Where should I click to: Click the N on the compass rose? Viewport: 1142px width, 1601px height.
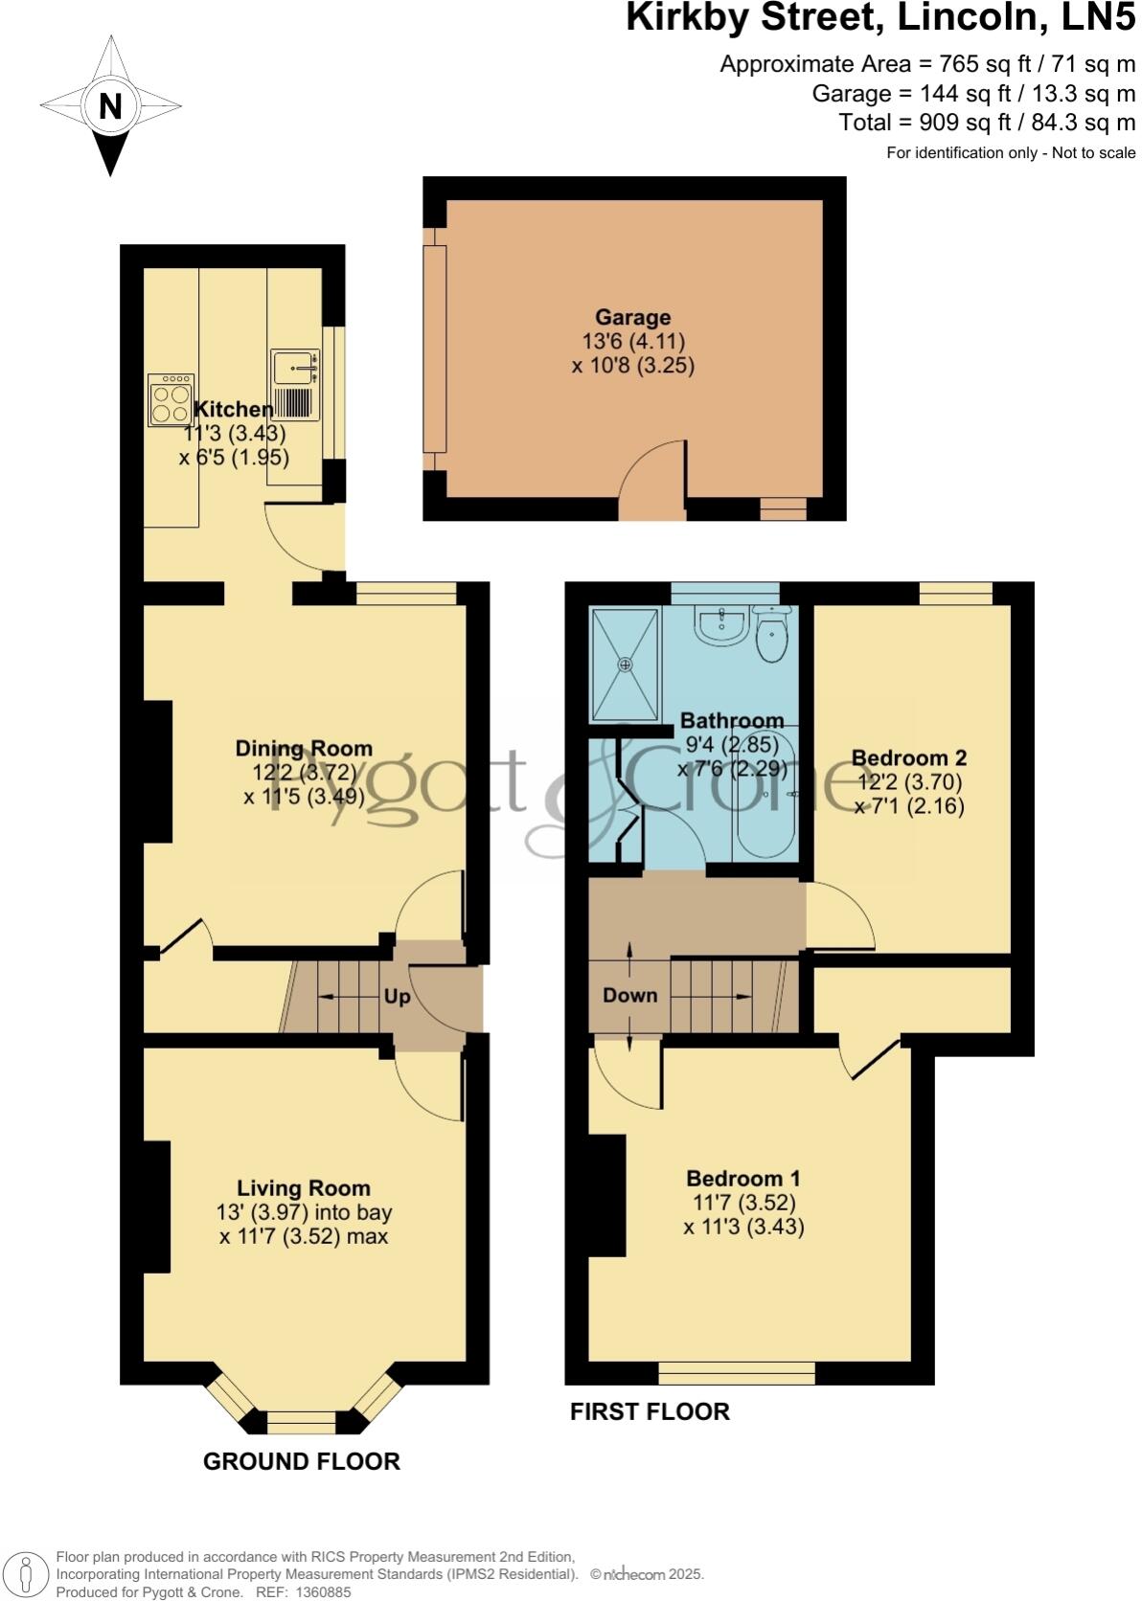[x=110, y=105]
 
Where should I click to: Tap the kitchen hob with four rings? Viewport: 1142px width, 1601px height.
[x=171, y=400]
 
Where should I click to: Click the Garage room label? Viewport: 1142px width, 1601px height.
[x=632, y=317]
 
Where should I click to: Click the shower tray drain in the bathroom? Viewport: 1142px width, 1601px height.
[x=626, y=664]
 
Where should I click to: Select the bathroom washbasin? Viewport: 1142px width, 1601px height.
[x=721, y=627]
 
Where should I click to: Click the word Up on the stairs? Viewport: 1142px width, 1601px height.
[x=397, y=997]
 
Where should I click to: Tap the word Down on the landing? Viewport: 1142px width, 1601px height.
[x=629, y=995]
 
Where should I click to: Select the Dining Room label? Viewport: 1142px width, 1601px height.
[x=304, y=748]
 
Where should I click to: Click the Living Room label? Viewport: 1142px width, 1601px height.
[x=304, y=1188]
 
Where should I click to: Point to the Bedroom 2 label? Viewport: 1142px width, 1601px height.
[x=908, y=757]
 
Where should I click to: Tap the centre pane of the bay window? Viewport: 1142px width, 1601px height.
[x=301, y=1422]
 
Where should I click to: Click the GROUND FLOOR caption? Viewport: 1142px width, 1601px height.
[x=301, y=1461]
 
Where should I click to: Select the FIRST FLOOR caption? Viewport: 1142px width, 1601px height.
[x=650, y=1411]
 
